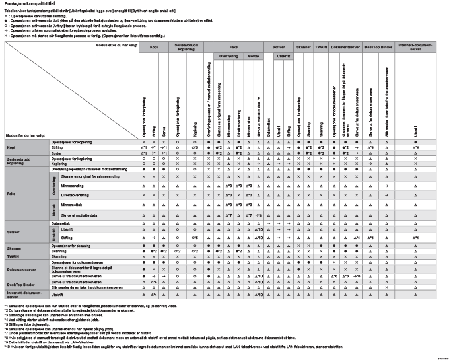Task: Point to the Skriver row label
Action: (13, 232)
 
